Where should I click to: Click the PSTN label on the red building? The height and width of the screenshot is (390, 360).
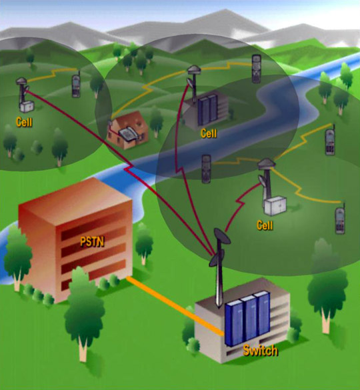coord(92,241)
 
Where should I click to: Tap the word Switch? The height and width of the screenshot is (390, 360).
coord(260,350)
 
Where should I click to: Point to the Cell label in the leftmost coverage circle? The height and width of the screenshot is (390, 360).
coord(24,122)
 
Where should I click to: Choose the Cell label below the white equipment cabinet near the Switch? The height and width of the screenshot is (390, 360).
coord(265,225)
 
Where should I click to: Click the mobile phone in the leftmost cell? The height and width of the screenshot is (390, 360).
coord(76,85)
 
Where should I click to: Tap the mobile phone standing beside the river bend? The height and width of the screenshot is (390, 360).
coord(206,169)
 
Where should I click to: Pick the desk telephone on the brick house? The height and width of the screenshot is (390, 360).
coord(127,134)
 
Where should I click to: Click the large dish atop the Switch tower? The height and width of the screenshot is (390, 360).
coord(222,235)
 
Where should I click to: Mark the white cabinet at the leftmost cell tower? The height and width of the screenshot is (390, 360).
coord(27,107)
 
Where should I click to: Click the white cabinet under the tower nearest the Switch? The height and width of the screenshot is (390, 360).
coord(275,206)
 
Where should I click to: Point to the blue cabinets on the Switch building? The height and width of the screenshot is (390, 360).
coord(247,319)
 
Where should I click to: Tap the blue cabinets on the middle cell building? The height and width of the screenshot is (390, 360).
coord(207,110)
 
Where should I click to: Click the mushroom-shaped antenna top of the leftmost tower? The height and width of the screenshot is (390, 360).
coord(21,81)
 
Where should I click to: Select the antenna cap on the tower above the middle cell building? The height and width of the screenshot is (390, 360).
coord(194,69)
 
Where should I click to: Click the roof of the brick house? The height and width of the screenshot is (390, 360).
coord(127,121)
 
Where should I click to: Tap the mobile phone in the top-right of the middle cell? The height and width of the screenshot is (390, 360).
coord(256,69)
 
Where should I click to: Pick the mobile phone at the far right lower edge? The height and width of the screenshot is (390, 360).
coord(340,219)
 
